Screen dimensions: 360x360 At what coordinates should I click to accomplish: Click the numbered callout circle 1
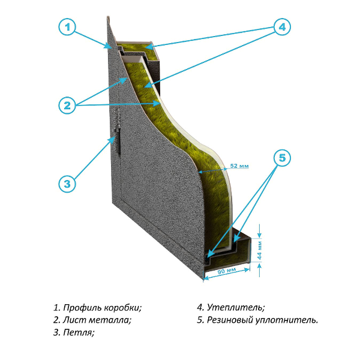68,28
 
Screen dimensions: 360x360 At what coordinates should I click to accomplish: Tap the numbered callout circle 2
68,106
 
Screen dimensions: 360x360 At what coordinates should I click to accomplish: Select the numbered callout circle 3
68,182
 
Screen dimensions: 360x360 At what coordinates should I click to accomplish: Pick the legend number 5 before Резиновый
200,320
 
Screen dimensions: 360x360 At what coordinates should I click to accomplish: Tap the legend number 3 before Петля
56,331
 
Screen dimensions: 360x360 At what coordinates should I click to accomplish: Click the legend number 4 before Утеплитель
200,308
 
